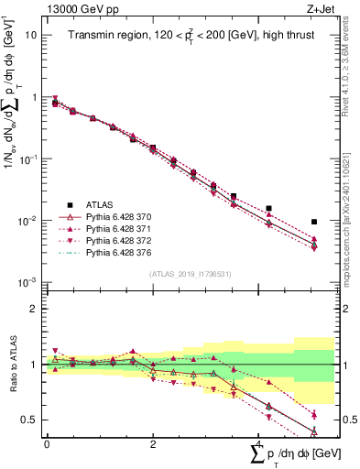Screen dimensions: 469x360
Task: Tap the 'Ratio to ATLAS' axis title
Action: click(x=11, y=364)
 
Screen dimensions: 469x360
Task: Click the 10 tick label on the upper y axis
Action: click(x=30, y=35)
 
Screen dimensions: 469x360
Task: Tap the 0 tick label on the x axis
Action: click(x=47, y=443)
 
